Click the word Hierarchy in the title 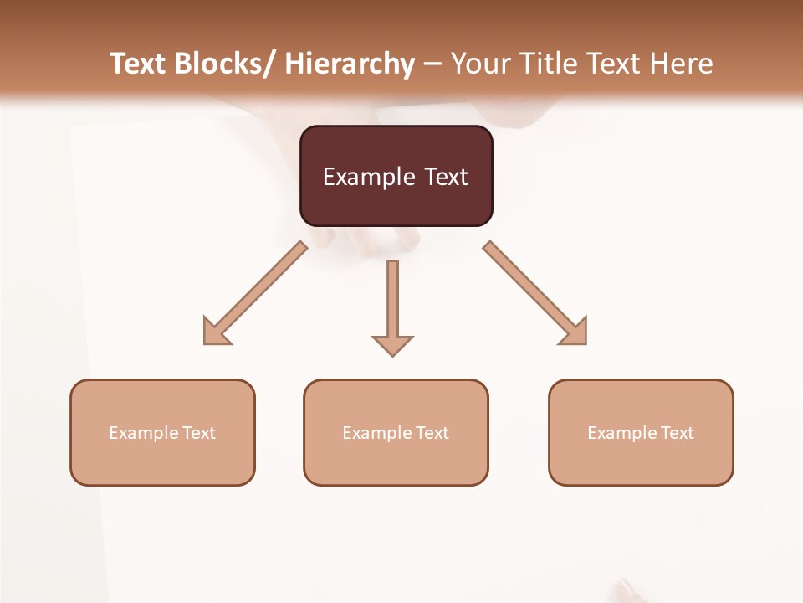pos(350,64)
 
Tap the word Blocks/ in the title pos(225,64)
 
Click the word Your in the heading pos(479,64)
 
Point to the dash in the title pos(432,65)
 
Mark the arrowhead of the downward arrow pos(392,345)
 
